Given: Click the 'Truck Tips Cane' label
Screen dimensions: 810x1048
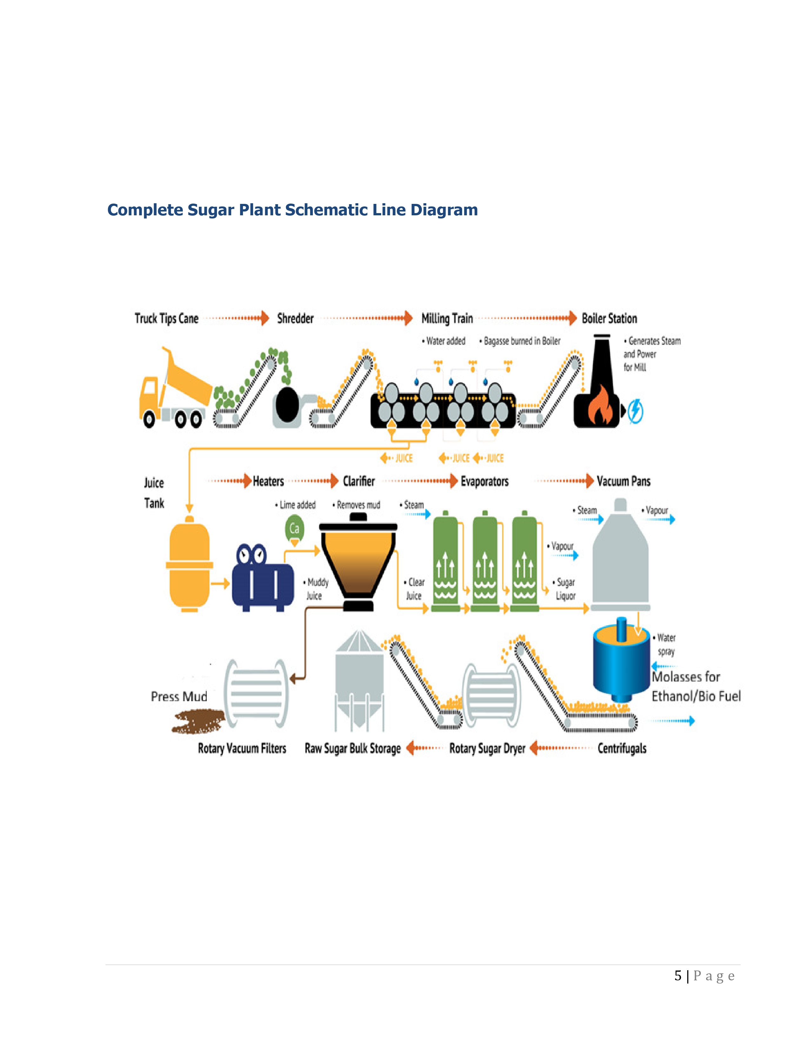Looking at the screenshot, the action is pyautogui.click(x=166, y=318).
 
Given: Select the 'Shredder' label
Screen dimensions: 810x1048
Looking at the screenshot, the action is pyautogui.click(x=295, y=318).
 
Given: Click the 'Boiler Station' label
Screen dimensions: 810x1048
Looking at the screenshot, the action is pyautogui.click(x=610, y=318).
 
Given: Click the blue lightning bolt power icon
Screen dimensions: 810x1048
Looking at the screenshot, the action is pyautogui.click(x=636, y=411).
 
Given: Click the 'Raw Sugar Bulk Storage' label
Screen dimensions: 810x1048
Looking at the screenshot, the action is pyautogui.click(x=353, y=749).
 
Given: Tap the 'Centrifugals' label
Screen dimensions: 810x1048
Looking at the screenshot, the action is pyautogui.click(x=622, y=748).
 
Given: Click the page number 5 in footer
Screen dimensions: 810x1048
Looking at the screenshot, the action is pyautogui.click(x=678, y=976).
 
